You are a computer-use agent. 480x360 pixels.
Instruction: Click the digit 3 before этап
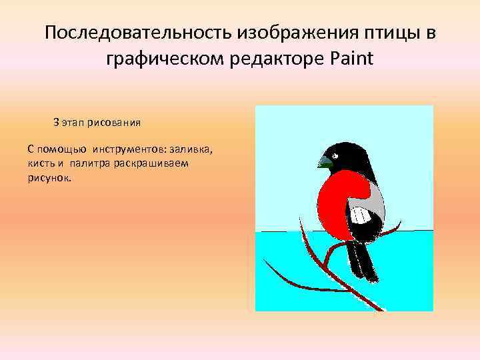[x=57, y=123]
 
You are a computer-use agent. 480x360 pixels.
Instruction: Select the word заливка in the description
[x=191, y=146]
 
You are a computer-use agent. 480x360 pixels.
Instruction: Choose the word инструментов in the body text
[x=127, y=146]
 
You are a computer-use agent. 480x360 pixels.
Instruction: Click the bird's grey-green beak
[x=325, y=161]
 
